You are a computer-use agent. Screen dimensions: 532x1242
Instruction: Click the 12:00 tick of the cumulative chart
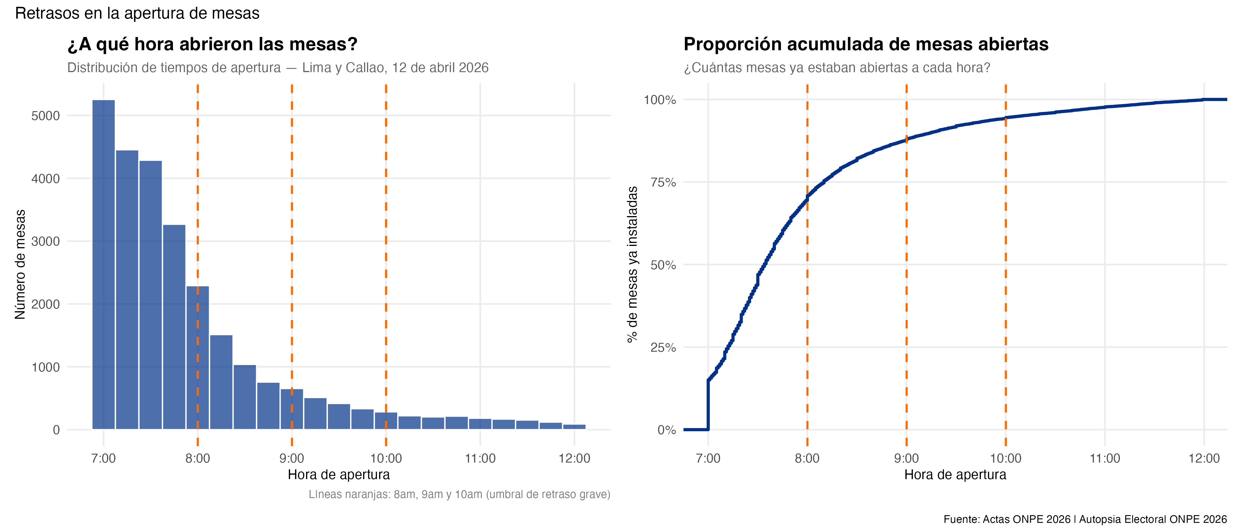(1204, 458)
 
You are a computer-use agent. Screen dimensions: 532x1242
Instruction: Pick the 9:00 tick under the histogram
(292, 458)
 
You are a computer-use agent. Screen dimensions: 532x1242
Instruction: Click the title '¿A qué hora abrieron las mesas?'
(212, 44)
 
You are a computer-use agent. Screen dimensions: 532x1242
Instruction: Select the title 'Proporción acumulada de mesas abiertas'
(866, 44)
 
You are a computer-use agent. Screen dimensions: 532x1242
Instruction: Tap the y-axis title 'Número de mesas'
(20, 264)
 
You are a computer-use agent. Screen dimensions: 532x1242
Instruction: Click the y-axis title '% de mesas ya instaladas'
(632, 264)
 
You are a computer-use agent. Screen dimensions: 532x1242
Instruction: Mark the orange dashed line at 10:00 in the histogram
(386, 241)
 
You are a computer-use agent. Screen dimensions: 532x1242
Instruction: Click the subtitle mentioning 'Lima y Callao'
(278, 67)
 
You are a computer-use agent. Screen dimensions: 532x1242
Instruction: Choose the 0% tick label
(666, 430)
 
